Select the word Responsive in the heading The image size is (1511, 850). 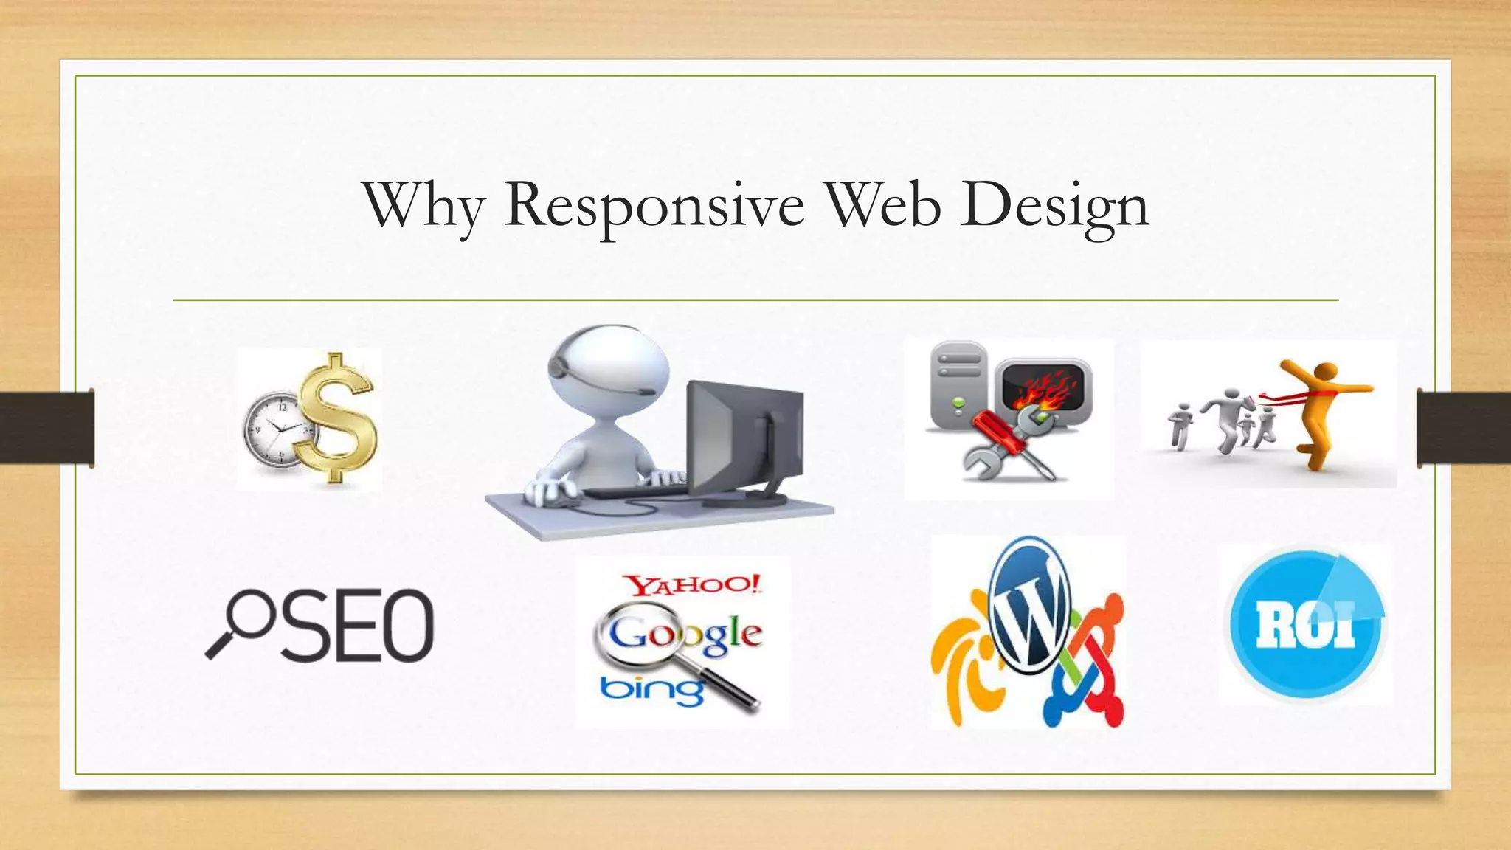coord(654,207)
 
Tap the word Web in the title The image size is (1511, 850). coord(882,205)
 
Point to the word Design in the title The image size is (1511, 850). coord(1055,207)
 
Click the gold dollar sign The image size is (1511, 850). coord(339,418)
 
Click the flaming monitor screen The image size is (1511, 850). coord(1042,387)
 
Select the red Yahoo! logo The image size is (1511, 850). coord(691,586)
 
